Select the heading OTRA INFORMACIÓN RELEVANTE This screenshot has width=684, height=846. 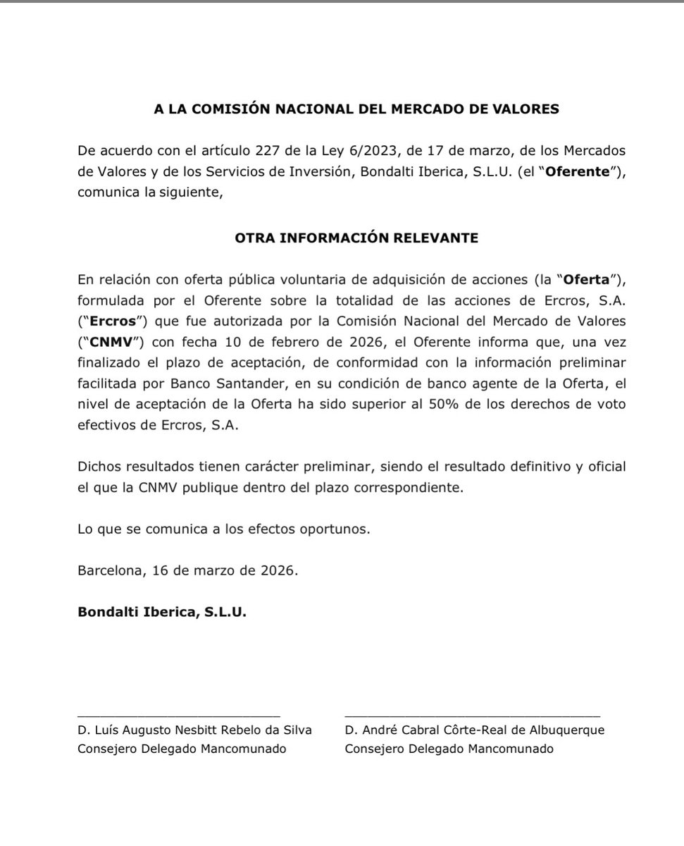click(x=356, y=238)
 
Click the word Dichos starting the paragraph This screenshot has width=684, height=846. click(x=99, y=467)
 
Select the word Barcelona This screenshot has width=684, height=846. click(x=109, y=570)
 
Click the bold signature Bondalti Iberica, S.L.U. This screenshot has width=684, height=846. click(x=162, y=612)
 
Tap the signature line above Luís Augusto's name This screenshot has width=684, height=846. click(x=179, y=716)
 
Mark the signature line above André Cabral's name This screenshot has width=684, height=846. click(x=472, y=716)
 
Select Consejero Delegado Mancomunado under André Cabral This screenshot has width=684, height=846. click(x=449, y=749)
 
